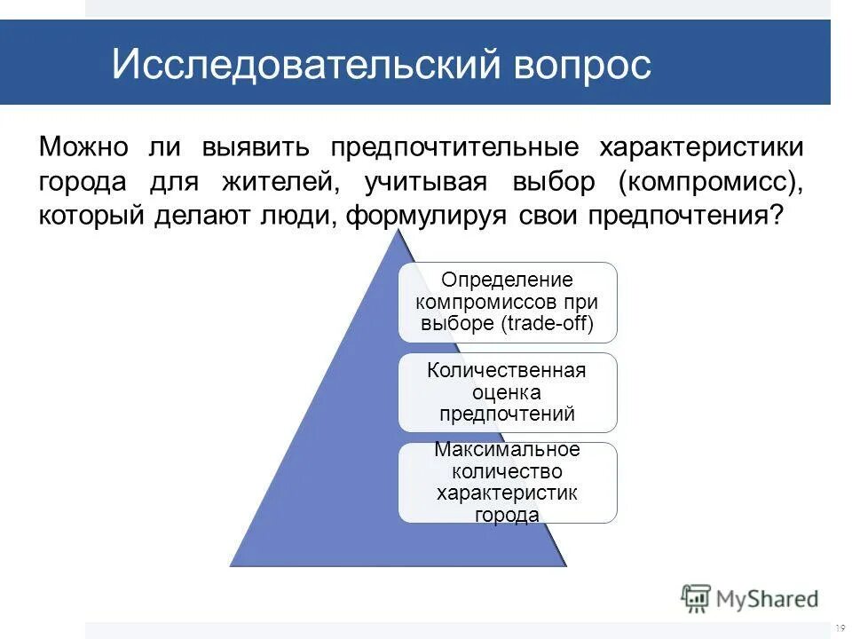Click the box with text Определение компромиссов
pyautogui.click(x=507, y=302)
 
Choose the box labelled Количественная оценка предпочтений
pyautogui.click(x=507, y=392)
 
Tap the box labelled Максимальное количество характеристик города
pyautogui.click(x=507, y=482)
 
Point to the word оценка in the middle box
pyautogui.click(x=507, y=392)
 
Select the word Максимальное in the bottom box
pyautogui.click(x=507, y=450)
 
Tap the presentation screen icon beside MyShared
pyautogui.click(x=696, y=598)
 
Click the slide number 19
pyautogui.click(x=840, y=627)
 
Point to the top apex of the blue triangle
pyautogui.click(x=398, y=230)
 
